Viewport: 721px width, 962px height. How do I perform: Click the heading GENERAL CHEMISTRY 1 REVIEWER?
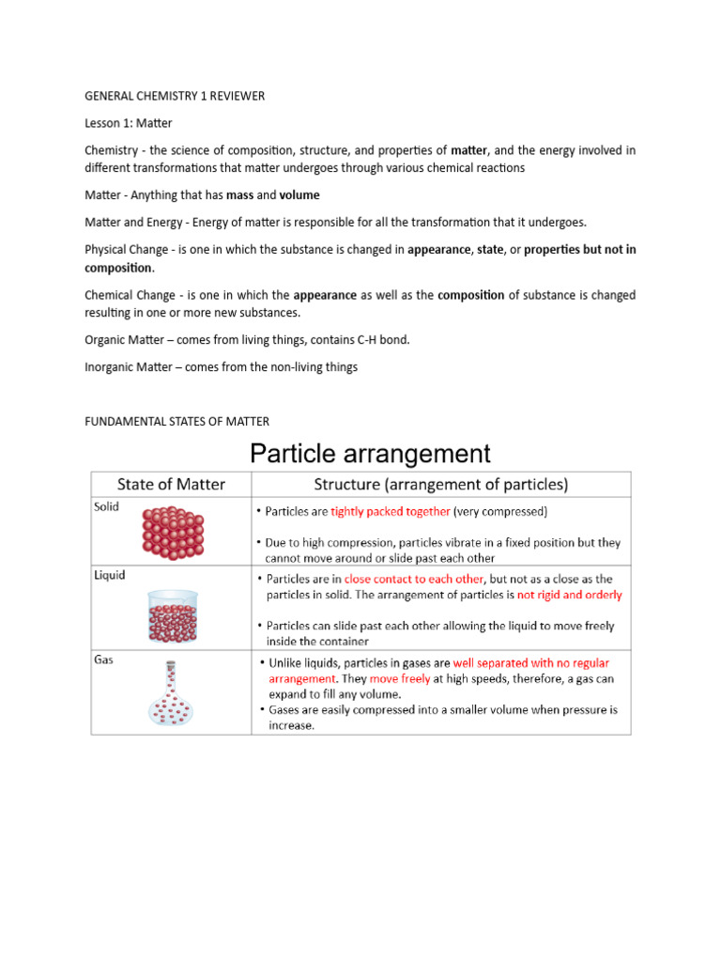click(174, 96)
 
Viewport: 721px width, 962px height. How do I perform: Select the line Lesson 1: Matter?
click(129, 123)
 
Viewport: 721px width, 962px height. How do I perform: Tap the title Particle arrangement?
click(369, 454)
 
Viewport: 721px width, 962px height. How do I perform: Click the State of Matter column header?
click(171, 485)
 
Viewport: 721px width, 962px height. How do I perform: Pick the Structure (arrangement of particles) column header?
click(440, 485)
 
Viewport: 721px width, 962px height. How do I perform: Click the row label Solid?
click(106, 505)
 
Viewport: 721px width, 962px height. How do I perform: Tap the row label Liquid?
click(109, 574)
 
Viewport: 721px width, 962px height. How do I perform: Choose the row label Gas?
click(103, 660)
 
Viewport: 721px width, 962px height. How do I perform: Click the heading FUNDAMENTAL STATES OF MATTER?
click(177, 422)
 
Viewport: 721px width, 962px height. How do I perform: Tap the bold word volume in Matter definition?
click(299, 195)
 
